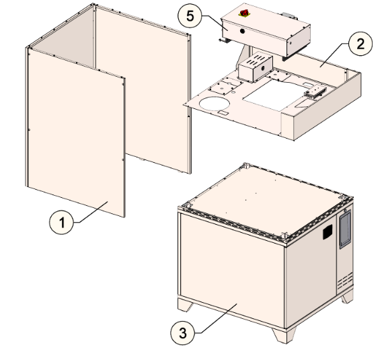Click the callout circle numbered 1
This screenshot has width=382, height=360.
[61, 222]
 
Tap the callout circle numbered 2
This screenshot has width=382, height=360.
[360, 44]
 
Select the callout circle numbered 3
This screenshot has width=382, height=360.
[183, 332]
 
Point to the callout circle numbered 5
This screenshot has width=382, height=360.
[190, 16]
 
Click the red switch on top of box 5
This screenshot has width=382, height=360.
[244, 13]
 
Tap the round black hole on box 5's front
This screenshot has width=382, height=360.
[242, 31]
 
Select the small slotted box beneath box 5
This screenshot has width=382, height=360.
[256, 67]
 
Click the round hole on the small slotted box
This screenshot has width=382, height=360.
[262, 68]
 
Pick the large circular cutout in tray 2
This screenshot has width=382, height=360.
[215, 104]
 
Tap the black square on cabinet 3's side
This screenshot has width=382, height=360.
[328, 231]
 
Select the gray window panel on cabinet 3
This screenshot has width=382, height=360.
[345, 229]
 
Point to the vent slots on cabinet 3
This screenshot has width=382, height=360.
[345, 281]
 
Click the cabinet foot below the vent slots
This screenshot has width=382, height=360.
[347, 297]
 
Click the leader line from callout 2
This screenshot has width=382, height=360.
[334, 55]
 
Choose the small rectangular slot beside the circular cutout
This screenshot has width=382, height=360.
[223, 112]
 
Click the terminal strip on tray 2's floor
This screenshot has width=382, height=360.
[315, 92]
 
